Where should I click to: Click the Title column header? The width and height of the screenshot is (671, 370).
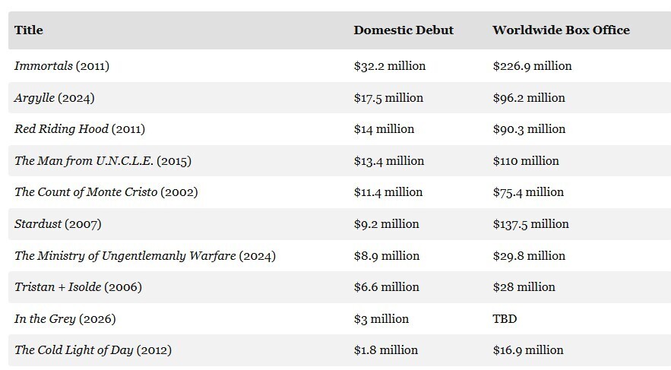point(29,30)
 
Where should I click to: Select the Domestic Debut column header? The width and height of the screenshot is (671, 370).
point(404,30)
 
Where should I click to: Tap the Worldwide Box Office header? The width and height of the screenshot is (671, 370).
point(561,30)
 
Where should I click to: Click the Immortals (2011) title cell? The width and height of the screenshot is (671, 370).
point(62,66)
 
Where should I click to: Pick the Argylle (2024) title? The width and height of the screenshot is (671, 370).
point(55,98)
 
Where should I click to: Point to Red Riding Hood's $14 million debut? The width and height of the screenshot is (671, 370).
point(384,129)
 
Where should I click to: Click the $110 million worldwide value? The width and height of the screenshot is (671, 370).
point(526,161)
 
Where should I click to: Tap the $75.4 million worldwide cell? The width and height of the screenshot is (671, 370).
point(528,192)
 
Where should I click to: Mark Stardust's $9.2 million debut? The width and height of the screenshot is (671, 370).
point(387,224)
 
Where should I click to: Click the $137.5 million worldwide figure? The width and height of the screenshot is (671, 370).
point(530,224)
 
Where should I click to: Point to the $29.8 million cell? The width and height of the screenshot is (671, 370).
point(529,256)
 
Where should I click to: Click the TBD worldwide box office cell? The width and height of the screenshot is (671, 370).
point(505,319)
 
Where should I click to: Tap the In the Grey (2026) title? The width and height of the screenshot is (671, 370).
point(65,319)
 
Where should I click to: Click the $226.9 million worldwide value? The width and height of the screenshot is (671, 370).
point(533,66)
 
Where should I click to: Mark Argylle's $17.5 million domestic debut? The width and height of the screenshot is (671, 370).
point(388,98)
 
